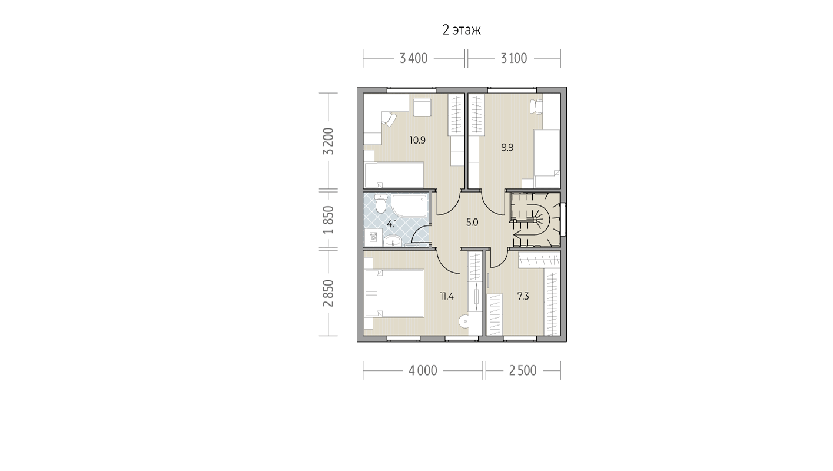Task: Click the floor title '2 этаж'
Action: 462,30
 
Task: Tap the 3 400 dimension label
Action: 413,58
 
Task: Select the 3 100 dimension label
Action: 514,58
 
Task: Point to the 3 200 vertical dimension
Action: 328,141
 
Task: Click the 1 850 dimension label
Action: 328,220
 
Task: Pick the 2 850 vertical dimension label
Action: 328,293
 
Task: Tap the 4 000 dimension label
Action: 423,370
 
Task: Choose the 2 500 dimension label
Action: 523,370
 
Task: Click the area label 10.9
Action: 417,140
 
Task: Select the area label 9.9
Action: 507,148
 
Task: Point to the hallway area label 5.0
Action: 472,223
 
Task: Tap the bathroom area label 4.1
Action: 392,224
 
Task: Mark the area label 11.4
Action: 447,297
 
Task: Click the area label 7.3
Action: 523,297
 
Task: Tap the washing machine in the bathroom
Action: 373,237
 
